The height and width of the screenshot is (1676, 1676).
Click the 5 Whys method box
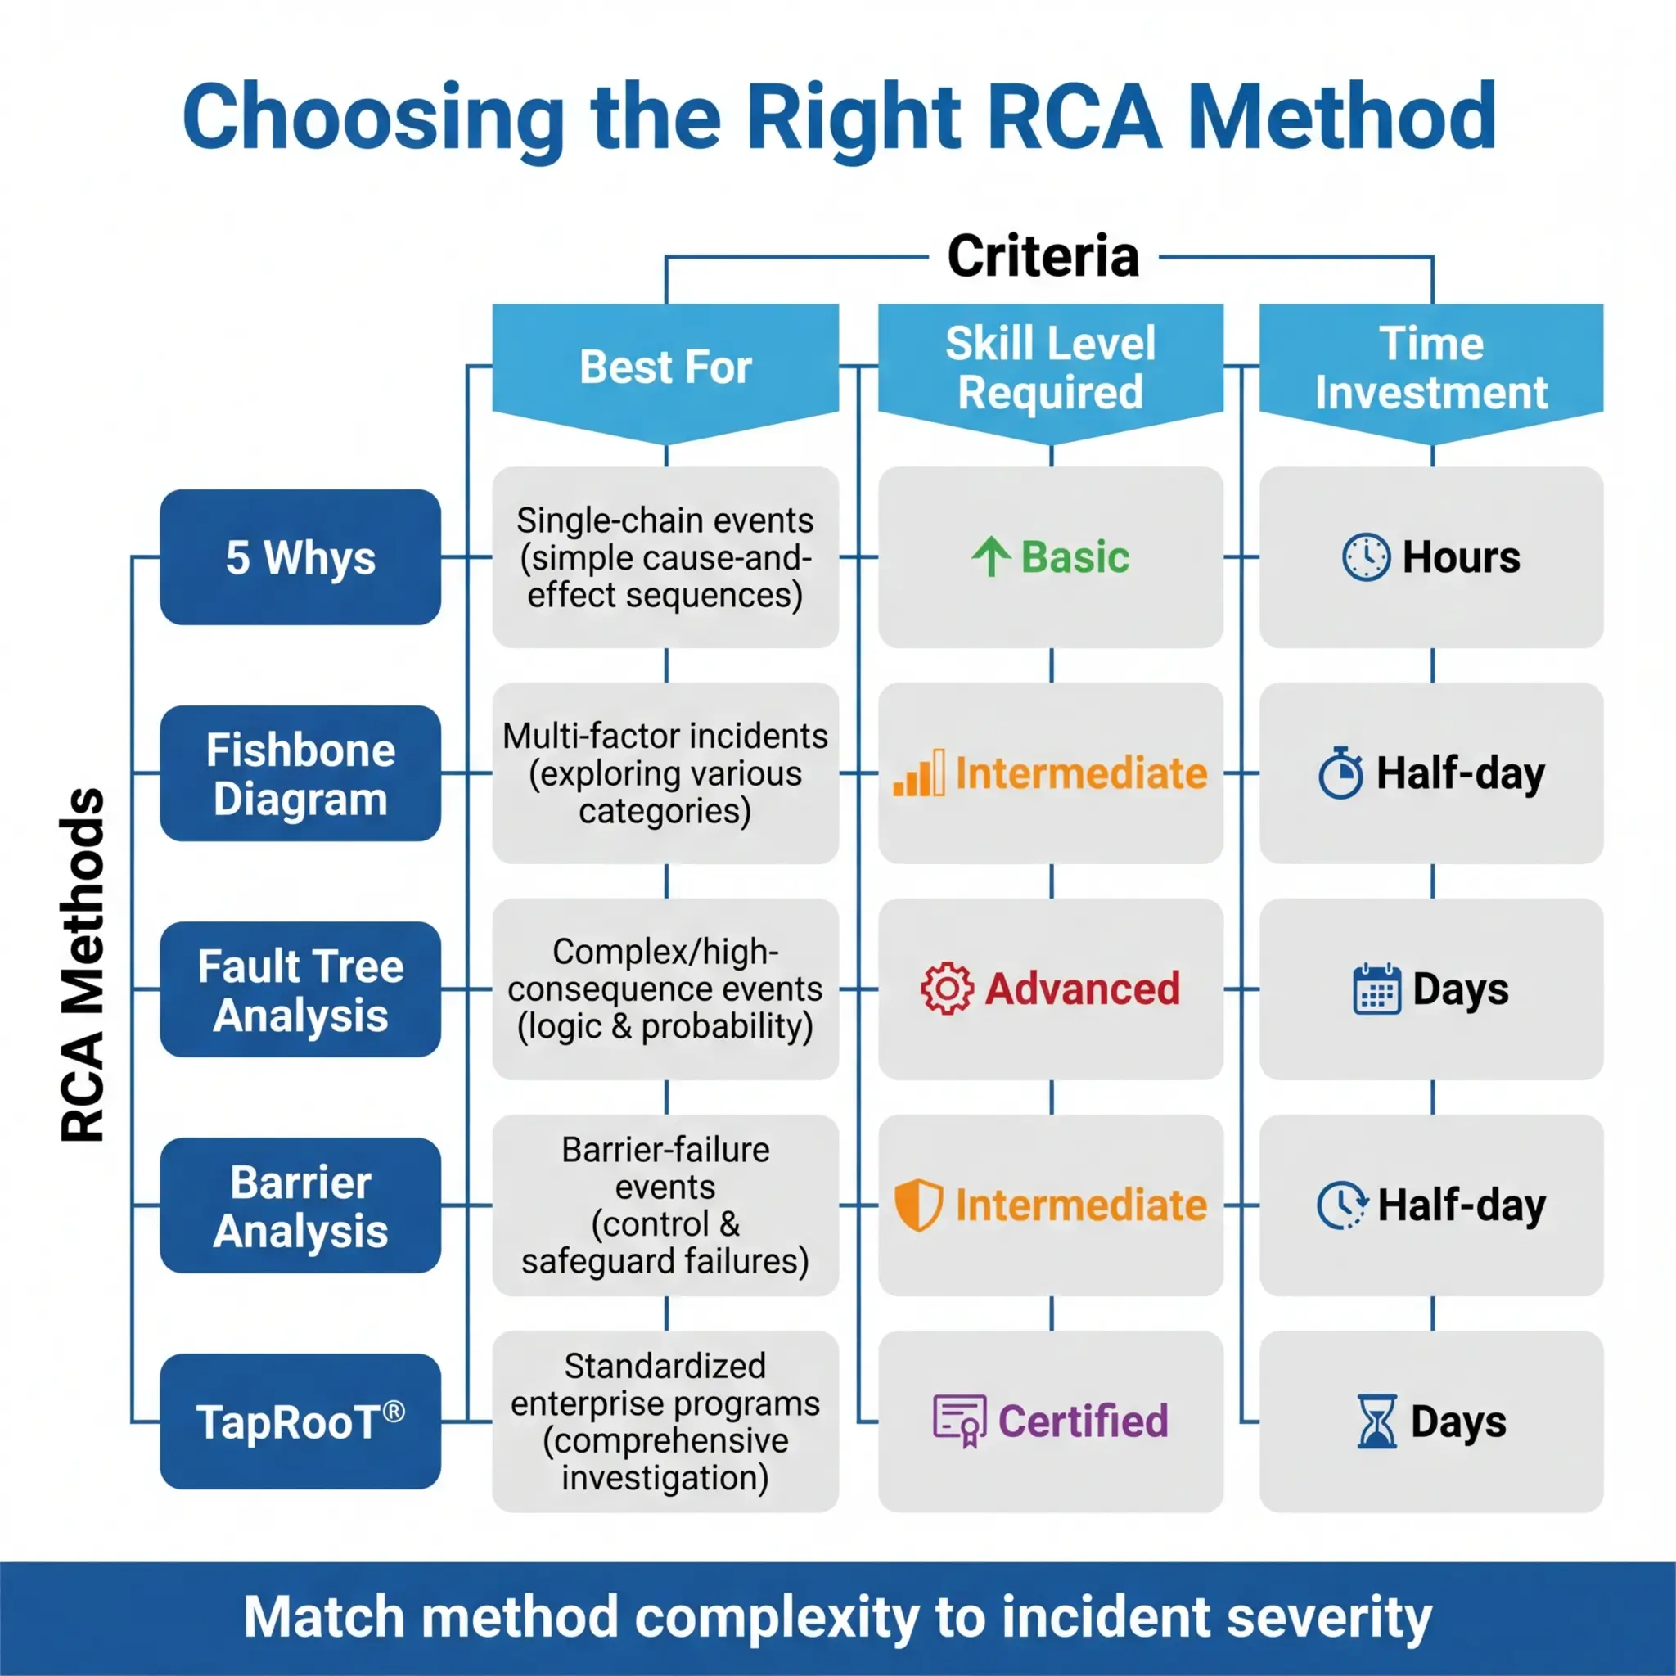pos(300,557)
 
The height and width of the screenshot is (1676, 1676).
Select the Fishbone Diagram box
pos(300,773)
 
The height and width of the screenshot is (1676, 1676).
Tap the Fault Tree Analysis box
pos(300,989)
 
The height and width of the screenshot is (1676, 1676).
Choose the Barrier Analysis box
pos(300,1205)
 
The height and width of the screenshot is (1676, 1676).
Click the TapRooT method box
pos(300,1421)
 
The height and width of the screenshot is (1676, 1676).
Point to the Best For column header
pos(665,367)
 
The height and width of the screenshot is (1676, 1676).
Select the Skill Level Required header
pos(1051,367)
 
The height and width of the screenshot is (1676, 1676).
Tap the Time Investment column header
pos(1430,367)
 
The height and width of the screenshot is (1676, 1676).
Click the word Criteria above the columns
pos(1043,257)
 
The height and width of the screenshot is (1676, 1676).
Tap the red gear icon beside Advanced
pos(947,989)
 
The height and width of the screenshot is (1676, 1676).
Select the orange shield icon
pos(918,1205)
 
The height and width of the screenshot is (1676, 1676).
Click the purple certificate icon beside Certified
pos(959,1421)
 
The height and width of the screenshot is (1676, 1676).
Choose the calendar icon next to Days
pos(1376,989)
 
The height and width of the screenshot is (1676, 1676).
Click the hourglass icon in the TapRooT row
pos(1376,1421)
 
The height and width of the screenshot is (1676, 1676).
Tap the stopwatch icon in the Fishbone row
pos(1341,773)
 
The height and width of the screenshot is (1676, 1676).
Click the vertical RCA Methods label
pos(83,965)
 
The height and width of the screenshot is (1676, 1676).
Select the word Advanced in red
pos(1083,989)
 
